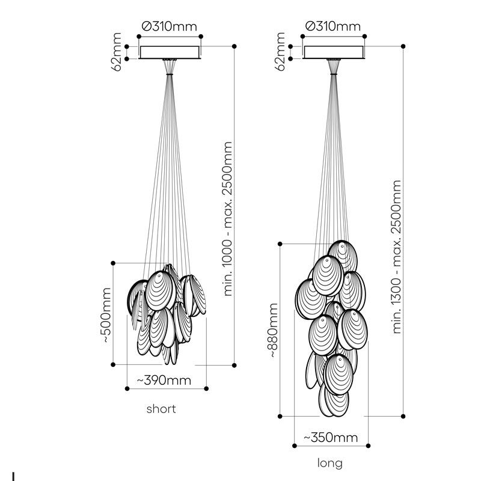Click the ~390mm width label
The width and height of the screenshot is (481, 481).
click(x=164, y=381)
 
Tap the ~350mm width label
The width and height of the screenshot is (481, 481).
click(x=331, y=438)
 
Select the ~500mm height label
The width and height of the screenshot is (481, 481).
click(x=106, y=314)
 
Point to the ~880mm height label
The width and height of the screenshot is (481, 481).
click(x=273, y=330)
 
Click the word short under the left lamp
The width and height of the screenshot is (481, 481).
click(x=161, y=409)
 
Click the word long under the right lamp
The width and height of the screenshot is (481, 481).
click(x=329, y=464)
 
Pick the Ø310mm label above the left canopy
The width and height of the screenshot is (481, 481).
click(x=170, y=26)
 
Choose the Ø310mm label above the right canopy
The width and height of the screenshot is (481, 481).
click(x=333, y=26)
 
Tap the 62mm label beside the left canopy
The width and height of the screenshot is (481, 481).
click(x=117, y=52)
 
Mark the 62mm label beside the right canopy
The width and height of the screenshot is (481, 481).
click(x=280, y=52)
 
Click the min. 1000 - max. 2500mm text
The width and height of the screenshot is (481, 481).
click(x=228, y=219)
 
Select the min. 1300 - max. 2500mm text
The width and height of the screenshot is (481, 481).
click(x=397, y=257)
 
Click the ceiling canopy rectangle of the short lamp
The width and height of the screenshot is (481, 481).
click(x=170, y=52)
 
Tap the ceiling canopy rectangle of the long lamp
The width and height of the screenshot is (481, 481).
click(x=334, y=52)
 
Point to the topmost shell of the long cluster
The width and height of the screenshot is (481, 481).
click(x=343, y=256)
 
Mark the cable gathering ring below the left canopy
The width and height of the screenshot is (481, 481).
click(x=170, y=74)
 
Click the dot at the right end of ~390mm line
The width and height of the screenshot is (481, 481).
click(x=206, y=388)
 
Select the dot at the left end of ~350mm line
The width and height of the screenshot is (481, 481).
click(x=295, y=446)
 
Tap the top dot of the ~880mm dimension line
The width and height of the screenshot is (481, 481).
click(x=280, y=244)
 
